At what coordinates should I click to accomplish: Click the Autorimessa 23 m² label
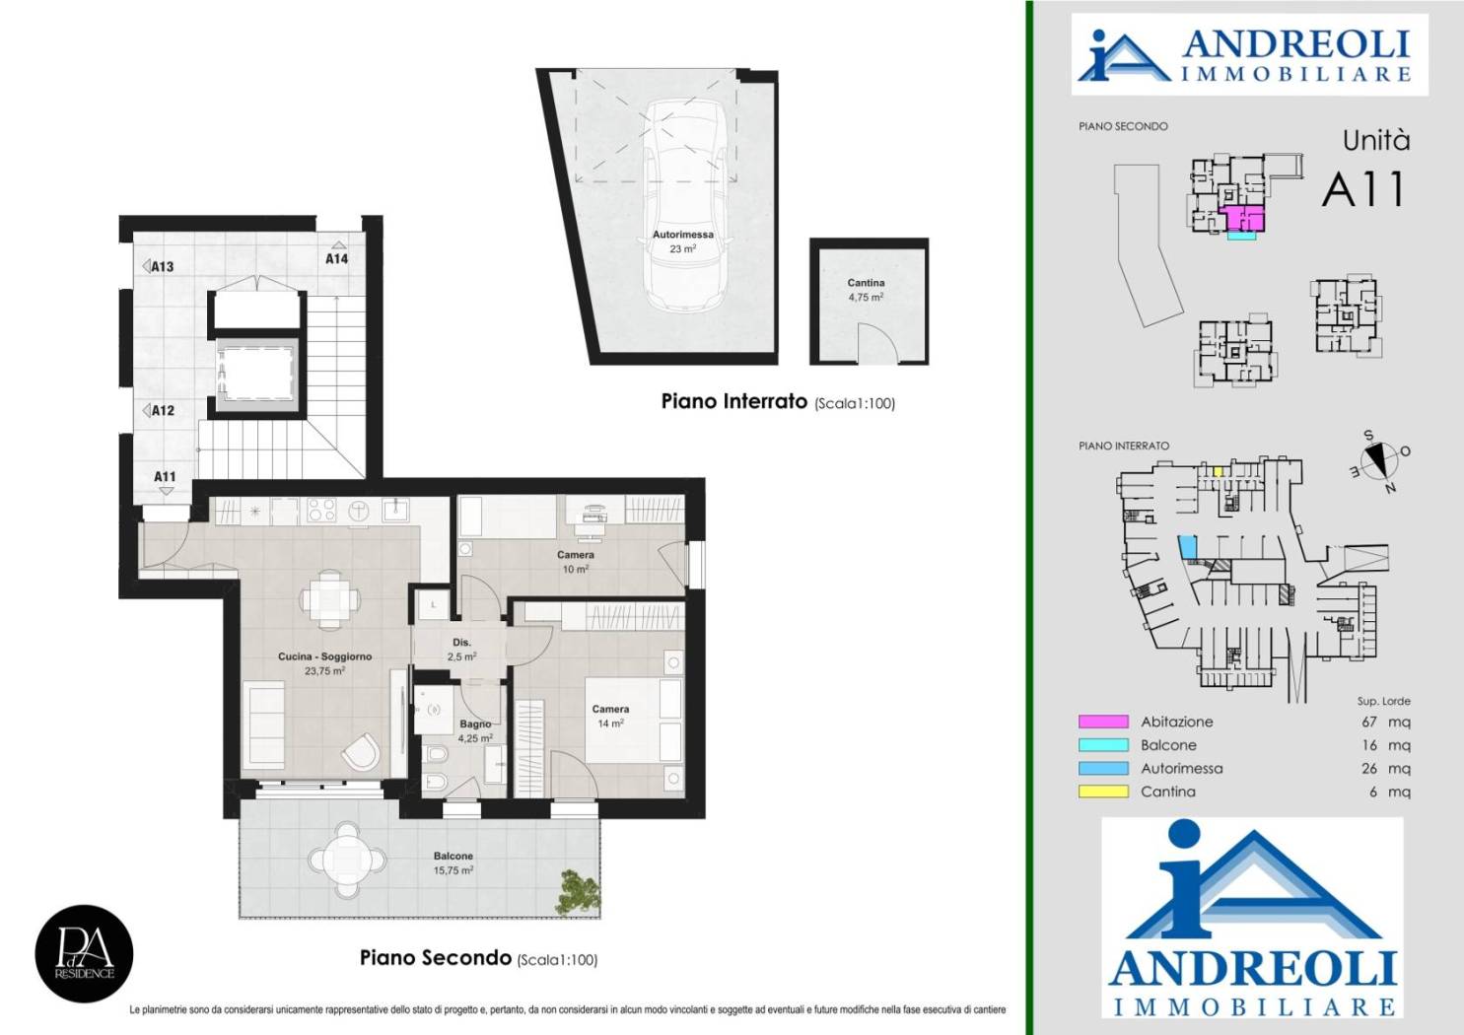[683, 241]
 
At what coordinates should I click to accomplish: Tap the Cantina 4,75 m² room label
[866, 290]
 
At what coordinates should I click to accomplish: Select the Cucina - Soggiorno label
[324, 662]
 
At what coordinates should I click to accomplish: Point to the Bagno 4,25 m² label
[475, 731]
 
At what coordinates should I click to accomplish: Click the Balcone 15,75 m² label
[453, 862]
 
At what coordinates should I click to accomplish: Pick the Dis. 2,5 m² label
[461, 650]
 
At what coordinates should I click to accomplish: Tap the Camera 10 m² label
[575, 562]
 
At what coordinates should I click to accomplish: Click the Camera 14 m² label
[610, 716]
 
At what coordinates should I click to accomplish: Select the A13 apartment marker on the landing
[158, 266]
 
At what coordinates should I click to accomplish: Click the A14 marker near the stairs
[337, 254]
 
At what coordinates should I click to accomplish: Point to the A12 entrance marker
[159, 410]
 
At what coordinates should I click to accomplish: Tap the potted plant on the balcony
[578, 892]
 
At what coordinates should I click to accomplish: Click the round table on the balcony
[347, 859]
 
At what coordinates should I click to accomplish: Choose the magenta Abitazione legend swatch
[1103, 722]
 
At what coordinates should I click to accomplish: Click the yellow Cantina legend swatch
[1103, 792]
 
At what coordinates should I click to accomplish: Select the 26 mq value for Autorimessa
[1385, 769]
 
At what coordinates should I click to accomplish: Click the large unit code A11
[1363, 189]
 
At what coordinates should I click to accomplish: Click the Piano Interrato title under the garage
[734, 401]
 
